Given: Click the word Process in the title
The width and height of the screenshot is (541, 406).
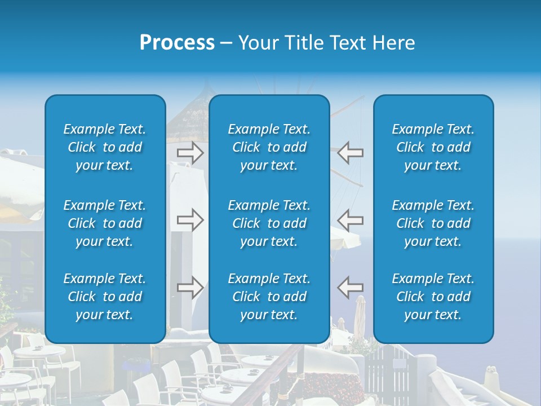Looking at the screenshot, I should tap(177, 43).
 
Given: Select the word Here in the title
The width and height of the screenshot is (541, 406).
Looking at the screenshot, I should tap(394, 43).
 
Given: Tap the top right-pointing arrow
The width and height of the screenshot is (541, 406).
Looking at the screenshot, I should tap(190, 153).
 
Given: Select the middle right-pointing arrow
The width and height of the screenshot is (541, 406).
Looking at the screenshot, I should tap(190, 219).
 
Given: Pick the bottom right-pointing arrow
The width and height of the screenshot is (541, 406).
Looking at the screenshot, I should tap(190, 287).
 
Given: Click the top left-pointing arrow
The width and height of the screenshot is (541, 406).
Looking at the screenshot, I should tap(350, 153).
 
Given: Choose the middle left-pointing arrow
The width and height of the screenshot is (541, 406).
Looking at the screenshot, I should tap(350, 219).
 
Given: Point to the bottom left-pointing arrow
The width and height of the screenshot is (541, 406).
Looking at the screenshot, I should tap(350, 287).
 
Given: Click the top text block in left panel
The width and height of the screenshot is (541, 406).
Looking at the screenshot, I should tap(105, 147).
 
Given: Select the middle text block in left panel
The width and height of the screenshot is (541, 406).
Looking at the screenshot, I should tap(105, 223).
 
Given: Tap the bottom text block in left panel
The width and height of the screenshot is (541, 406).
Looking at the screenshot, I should tap(105, 297).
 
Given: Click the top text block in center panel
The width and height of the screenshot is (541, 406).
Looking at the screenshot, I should tap(269, 147).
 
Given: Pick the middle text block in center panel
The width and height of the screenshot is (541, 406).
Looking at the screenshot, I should tap(269, 223).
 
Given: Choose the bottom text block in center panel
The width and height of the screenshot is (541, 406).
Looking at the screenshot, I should tap(269, 297).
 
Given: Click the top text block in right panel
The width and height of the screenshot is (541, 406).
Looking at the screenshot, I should tap(433, 147).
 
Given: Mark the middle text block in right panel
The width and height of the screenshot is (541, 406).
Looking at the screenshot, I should tap(433, 223).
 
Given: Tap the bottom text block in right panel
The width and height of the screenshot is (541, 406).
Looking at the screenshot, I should tap(433, 297).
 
